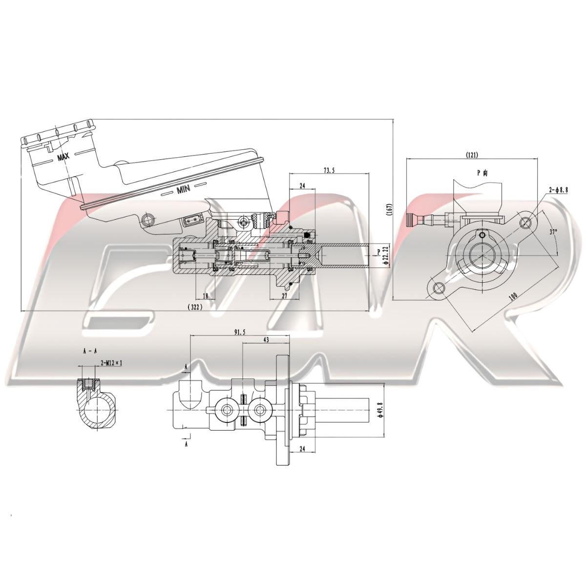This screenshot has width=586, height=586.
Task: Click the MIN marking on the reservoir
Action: click(x=183, y=189)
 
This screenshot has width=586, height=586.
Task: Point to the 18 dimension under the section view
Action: click(x=205, y=296)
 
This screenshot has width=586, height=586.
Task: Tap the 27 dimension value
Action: click(x=284, y=296)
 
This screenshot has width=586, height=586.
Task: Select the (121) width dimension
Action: click(x=472, y=155)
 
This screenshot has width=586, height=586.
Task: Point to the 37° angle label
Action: click(x=553, y=232)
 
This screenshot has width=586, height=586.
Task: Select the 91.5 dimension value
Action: click(x=240, y=332)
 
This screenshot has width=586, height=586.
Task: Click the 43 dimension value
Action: click(x=267, y=339)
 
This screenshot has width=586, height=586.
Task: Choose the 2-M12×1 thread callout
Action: click(x=111, y=363)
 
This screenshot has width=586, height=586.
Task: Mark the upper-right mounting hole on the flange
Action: click(x=525, y=223)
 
